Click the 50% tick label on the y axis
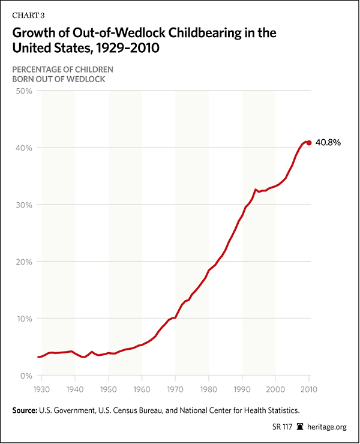click(23, 91)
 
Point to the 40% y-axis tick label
click(23, 148)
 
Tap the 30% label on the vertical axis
click(23, 205)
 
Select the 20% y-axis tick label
click(23, 262)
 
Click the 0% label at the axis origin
click(25, 376)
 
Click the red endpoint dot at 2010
click(309, 143)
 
